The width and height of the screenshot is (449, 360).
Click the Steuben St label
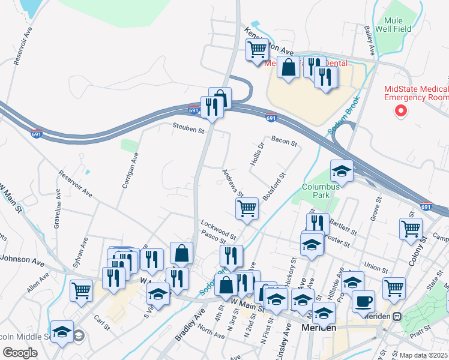[x=189, y=127]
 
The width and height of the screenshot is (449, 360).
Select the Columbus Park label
[x=321, y=191]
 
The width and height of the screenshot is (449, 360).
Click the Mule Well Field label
[x=393, y=23]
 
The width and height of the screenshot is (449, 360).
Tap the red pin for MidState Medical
[x=401, y=111]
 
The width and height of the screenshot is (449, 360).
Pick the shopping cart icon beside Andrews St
[x=247, y=208]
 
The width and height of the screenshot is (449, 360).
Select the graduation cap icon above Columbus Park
[x=342, y=170]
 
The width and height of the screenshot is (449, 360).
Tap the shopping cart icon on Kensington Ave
[x=258, y=49]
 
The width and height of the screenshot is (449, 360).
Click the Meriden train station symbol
[x=396, y=316]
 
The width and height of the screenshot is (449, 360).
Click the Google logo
[x=20, y=353]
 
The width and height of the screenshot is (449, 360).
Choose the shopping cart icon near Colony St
[x=411, y=228]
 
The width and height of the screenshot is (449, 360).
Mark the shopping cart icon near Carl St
[x=81, y=290]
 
